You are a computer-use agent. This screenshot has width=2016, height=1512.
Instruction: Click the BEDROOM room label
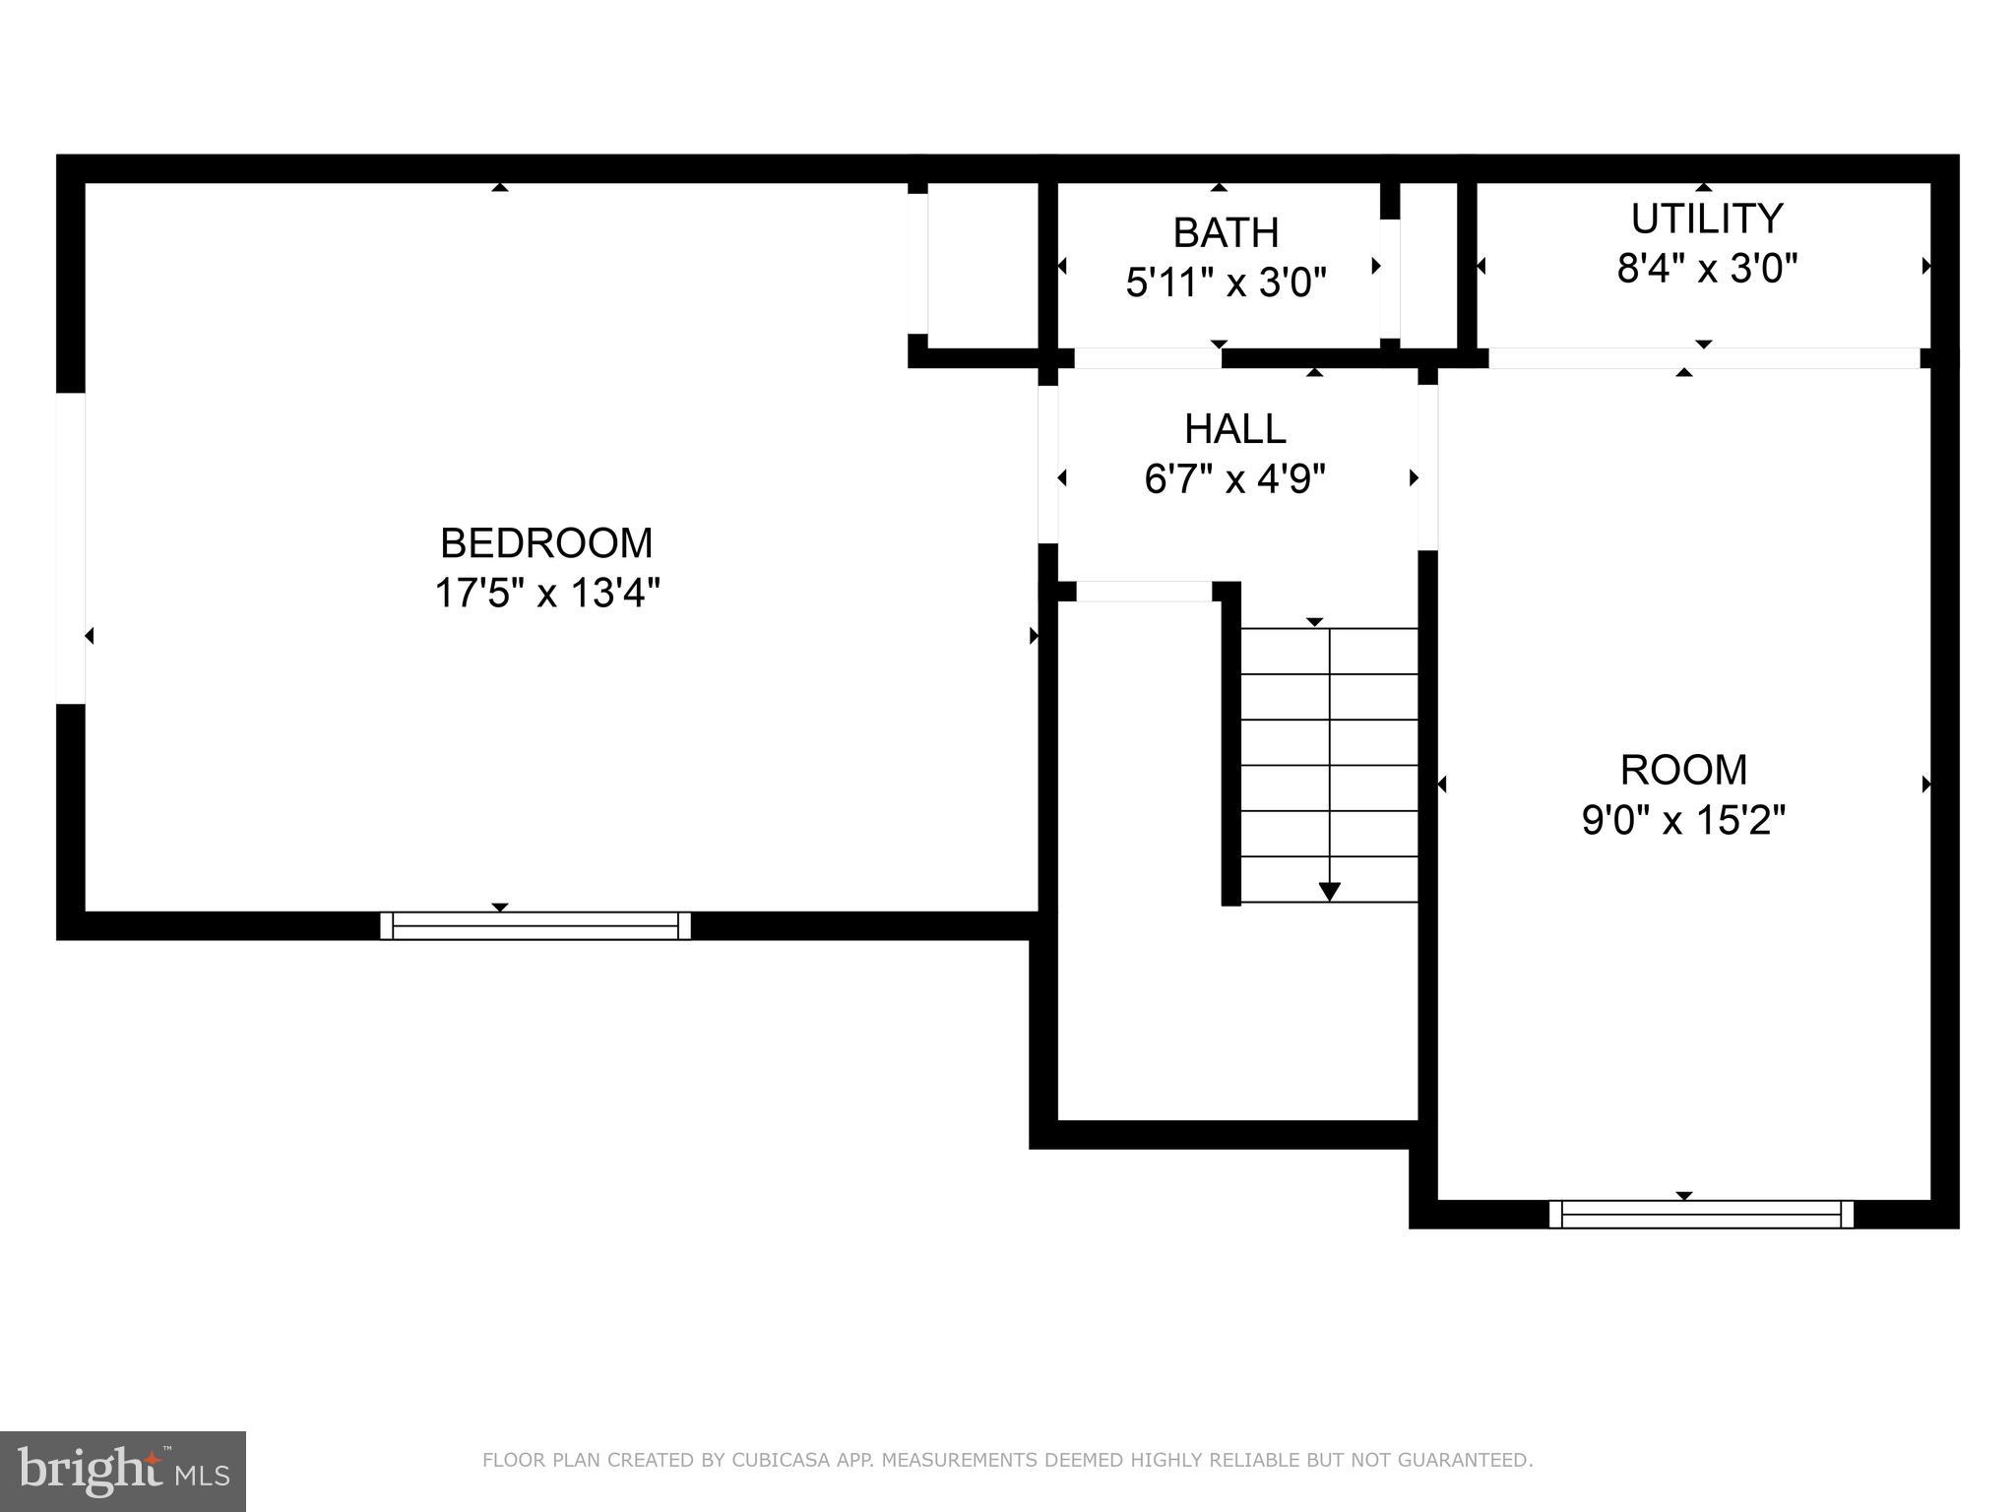point(546,543)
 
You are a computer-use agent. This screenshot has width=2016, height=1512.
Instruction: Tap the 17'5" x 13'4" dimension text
point(546,594)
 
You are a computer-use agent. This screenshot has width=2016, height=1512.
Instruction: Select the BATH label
point(1226,233)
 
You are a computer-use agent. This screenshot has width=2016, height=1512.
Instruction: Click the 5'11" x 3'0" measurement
point(1226,283)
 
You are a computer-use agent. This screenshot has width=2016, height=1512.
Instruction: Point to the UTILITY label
point(1706,219)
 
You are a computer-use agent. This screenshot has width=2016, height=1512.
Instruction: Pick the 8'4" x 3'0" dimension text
point(1706,268)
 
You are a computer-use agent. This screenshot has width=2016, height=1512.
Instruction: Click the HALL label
point(1234,429)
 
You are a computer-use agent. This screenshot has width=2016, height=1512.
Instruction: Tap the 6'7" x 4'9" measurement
point(1234,479)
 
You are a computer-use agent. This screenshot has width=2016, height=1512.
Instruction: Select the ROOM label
point(1683,770)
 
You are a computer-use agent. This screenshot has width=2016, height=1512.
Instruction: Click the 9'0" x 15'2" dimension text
point(1683,820)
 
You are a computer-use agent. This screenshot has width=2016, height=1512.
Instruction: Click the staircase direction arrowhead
point(1329,892)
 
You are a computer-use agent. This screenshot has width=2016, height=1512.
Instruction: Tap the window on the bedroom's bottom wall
point(535,925)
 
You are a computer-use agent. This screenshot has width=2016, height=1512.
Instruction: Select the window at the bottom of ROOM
point(1701,1214)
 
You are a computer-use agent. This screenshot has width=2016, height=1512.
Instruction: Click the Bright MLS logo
point(123,1471)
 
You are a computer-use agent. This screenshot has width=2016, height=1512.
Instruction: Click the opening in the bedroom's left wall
point(71,548)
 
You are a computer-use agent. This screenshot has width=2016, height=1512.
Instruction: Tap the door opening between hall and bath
point(1148,358)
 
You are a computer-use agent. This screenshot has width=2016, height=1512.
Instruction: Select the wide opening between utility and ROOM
point(1703,358)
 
